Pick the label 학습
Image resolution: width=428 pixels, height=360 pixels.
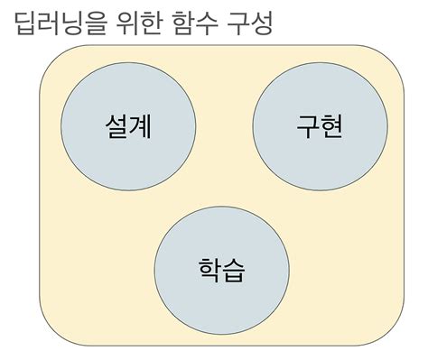221,268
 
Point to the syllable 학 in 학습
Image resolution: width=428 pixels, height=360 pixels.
209,268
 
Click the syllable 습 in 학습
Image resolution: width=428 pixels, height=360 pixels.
234,268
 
